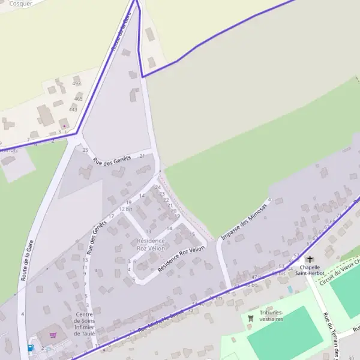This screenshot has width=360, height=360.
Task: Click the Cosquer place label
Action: point(21,3)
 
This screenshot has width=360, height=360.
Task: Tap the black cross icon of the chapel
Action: point(310,259)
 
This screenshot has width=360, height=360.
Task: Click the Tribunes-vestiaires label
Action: point(272,316)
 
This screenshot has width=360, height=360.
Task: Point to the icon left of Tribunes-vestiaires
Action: point(251,317)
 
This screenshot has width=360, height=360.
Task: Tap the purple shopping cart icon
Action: point(53,335)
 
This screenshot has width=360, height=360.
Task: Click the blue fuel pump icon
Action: point(31,347)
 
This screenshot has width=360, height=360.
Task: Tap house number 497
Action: point(76,83)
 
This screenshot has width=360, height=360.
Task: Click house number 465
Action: point(78,98)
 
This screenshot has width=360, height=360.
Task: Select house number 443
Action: point(73,109)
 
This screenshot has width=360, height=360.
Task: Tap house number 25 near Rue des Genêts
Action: point(85,150)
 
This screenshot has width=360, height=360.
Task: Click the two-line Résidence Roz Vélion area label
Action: point(151,244)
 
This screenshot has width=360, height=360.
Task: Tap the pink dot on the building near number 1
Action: point(64,126)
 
